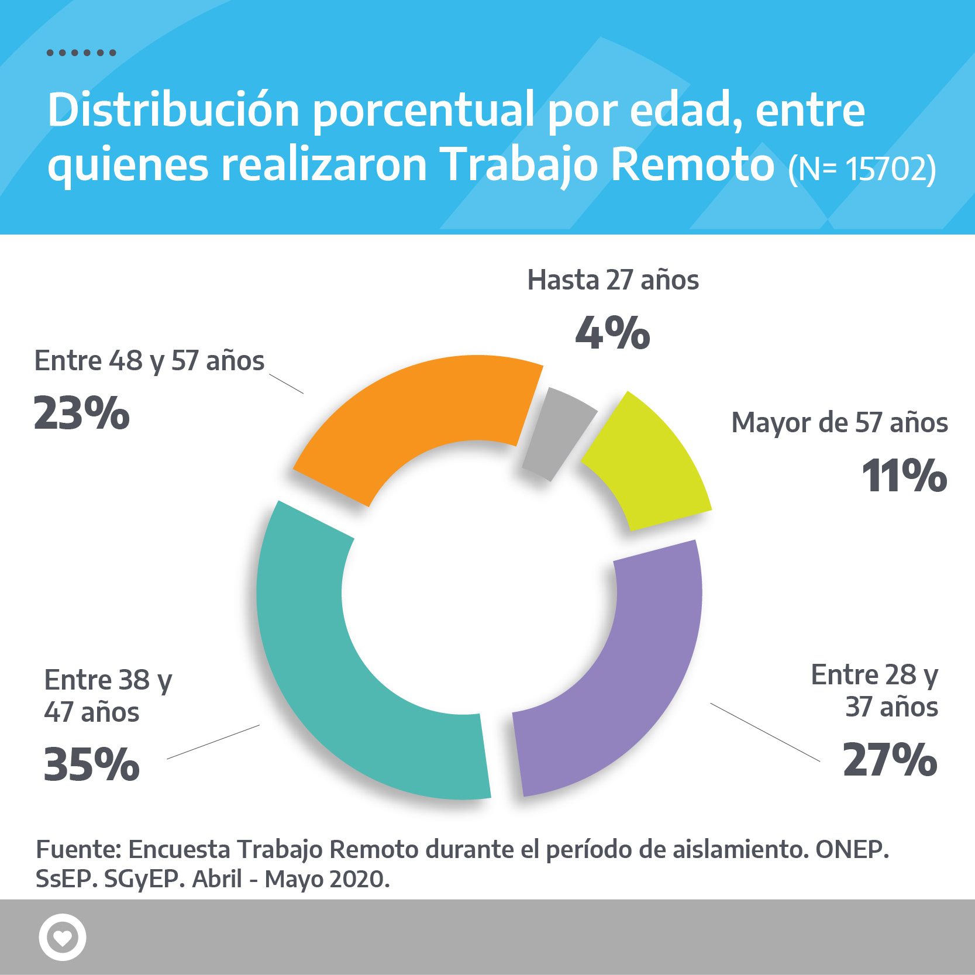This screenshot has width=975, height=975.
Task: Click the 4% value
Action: pyautogui.click(x=612, y=333)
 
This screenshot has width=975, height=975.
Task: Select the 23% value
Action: pyautogui.click(x=81, y=413)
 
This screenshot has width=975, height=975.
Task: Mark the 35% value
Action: pyautogui.click(x=92, y=764)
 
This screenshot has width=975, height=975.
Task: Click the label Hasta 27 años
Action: pyautogui.click(x=613, y=280)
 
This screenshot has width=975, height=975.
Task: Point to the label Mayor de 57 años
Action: pyautogui.click(x=839, y=422)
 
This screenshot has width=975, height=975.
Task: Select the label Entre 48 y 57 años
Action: pyautogui.click(x=149, y=361)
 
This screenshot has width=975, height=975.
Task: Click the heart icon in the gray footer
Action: pyautogui.click(x=63, y=937)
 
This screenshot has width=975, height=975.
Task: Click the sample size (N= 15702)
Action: pyautogui.click(x=862, y=168)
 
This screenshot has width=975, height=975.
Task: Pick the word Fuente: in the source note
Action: pyautogui.click(x=78, y=849)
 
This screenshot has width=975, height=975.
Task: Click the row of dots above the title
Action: pyautogui.click(x=81, y=53)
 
